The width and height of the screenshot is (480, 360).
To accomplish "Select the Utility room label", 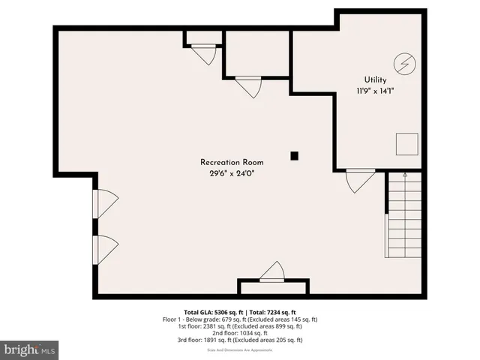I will click(x=376, y=79).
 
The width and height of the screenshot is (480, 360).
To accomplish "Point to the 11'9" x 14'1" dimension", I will click(x=376, y=91).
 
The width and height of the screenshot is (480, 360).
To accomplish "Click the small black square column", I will click(x=294, y=156).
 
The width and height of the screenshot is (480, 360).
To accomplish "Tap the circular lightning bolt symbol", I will click(x=403, y=63).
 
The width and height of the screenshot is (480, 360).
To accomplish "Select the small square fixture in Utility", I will click(x=407, y=142).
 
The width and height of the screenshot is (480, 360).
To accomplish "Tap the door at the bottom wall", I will click(x=273, y=272).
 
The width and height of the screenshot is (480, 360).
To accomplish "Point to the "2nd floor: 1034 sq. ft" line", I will click(x=239, y=333).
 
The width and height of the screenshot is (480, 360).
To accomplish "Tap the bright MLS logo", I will click(x=30, y=349).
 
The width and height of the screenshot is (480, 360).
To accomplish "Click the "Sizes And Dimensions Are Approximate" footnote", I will click(x=239, y=349).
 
